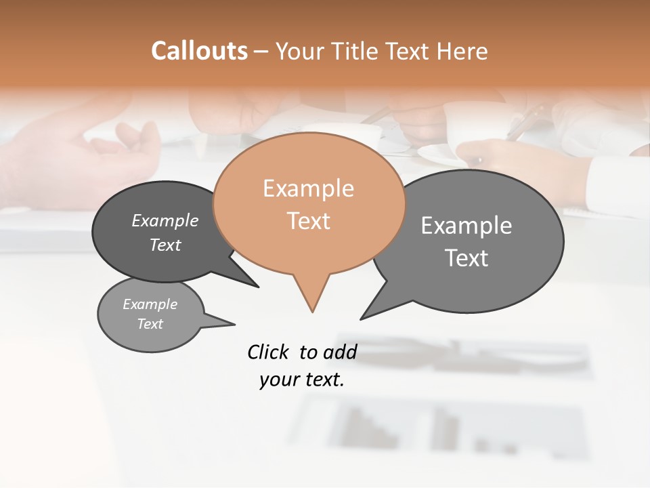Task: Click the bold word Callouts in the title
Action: pyautogui.click(x=199, y=51)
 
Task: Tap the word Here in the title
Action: pyautogui.click(x=462, y=51)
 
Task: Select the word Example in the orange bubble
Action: pyautogui.click(x=308, y=188)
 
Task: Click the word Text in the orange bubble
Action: pyautogui.click(x=308, y=221)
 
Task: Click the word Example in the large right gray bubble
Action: pyautogui.click(x=467, y=225)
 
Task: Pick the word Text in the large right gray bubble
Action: pyautogui.click(x=467, y=258)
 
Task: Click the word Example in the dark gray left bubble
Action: pyautogui.click(x=165, y=220)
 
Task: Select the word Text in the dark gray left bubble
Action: pyautogui.click(x=165, y=245)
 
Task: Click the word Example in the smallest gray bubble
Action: pyautogui.click(x=150, y=304)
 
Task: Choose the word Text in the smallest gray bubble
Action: pyautogui.click(x=150, y=324)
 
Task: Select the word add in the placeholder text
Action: pyautogui.click(x=340, y=352)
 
